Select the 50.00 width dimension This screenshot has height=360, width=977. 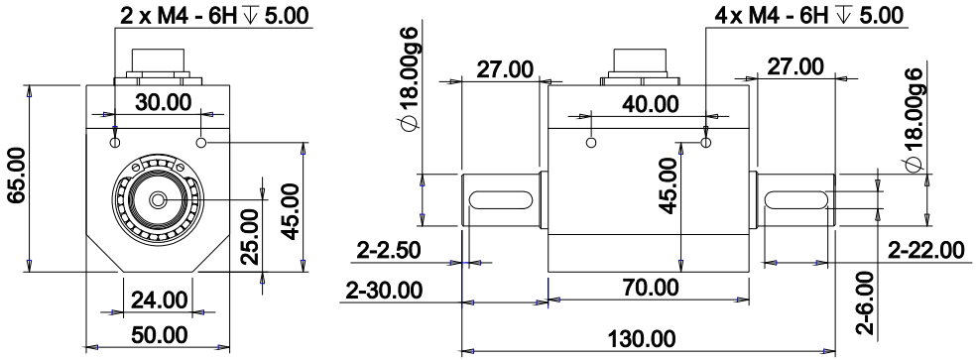[x=160, y=334]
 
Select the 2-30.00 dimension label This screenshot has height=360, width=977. [x=384, y=290]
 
